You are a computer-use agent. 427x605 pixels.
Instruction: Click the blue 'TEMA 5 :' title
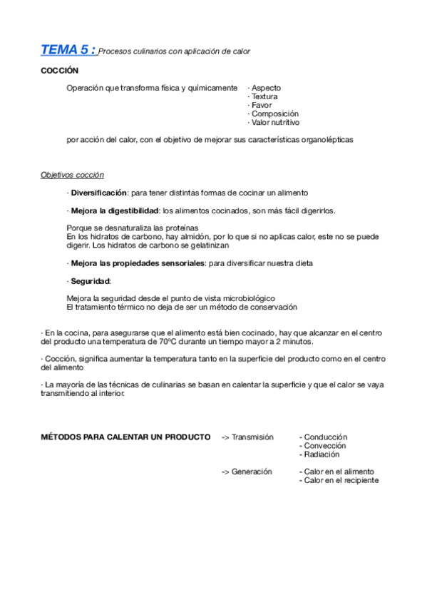(x=68, y=50)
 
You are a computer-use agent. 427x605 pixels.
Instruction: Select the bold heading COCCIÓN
(x=59, y=71)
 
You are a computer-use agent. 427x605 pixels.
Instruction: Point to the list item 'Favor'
(x=259, y=105)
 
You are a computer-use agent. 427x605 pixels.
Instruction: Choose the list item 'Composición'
(x=273, y=113)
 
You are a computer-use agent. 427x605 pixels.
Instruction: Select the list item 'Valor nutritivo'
(x=274, y=122)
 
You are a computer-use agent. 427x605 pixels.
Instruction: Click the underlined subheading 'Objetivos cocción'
(x=72, y=175)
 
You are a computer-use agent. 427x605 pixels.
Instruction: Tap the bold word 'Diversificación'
(x=98, y=193)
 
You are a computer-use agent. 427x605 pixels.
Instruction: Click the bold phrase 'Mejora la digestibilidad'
(x=114, y=210)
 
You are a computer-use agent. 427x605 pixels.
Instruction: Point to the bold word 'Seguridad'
(x=90, y=280)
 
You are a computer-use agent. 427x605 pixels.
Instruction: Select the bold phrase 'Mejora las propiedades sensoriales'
(x=137, y=263)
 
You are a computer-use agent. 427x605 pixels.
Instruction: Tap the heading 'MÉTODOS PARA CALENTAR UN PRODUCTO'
(x=125, y=437)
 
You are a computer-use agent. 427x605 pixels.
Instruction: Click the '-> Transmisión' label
(x=247, y=437)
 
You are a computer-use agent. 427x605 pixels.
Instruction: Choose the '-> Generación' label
(x=247, y=472)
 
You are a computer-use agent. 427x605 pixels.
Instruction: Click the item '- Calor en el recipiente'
(x=339, y=480)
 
